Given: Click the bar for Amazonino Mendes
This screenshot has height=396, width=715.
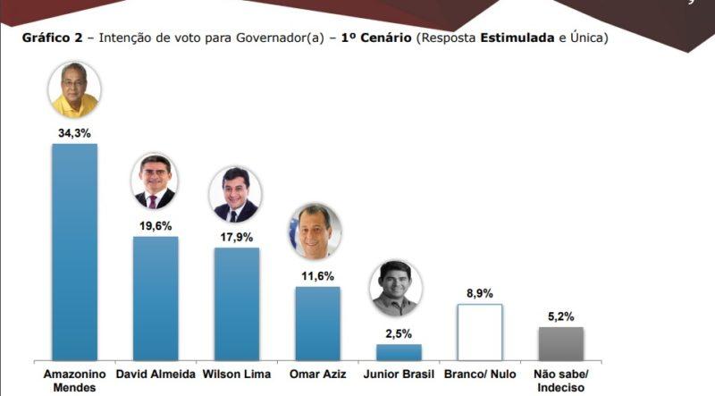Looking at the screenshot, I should (x=74, y=251).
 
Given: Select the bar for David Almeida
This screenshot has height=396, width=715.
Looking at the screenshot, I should (x=156, y=298).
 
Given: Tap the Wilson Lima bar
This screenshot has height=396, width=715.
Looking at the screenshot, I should (x=236, y=303).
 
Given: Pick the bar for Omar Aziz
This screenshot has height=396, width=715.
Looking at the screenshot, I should (x=317, y=323).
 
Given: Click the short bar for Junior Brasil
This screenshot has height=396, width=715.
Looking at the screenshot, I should (x=399, y=351).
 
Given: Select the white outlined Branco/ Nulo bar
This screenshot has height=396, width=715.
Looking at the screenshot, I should (x=480, y=332).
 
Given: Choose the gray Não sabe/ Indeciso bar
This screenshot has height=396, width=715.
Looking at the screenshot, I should (x=560, y=343).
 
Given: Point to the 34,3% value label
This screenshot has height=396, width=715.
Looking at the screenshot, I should (x=75, y=132).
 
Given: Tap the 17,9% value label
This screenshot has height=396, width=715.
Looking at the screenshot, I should (x=236, y=237).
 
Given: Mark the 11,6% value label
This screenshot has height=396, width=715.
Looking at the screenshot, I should (x=317, y=275).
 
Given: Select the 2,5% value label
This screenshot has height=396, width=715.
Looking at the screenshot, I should (x=398, y=333).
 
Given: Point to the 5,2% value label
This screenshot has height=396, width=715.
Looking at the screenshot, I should (x=560, y=316).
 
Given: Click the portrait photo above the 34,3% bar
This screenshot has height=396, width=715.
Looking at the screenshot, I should (x=75, y=90).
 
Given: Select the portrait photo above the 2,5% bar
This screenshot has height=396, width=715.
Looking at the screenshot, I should (x=395, y=289).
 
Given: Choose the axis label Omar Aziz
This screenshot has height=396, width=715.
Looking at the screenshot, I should (x=317, y=374).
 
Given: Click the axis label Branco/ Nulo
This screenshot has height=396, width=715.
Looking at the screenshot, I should (x=480, y=374).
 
